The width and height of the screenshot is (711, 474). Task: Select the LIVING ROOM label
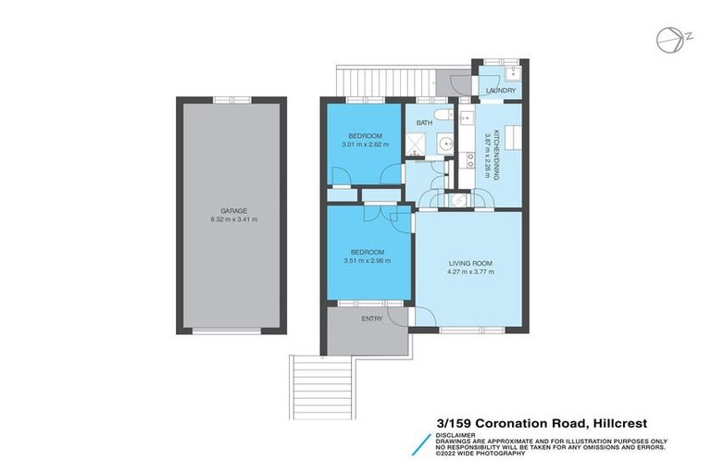[471, 262]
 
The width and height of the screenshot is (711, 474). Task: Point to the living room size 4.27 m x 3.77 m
[471, 271]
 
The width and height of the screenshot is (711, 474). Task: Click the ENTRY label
[372, 318]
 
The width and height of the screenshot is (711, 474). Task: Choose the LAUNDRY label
[501, 90]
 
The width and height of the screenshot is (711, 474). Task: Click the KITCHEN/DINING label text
[496, 154]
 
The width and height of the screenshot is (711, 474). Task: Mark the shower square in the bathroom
[421, 143]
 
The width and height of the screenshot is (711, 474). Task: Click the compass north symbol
[666, 40]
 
